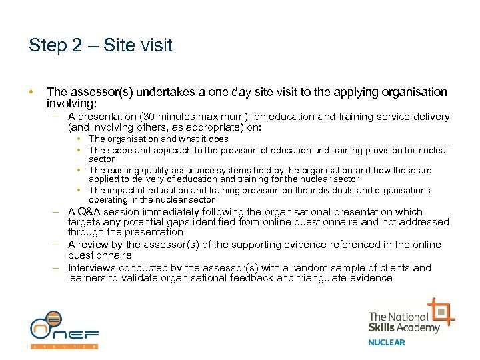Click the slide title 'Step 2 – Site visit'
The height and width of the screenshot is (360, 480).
(x=101, y=45)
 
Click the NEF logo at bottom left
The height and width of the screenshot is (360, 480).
(x=64, y=329)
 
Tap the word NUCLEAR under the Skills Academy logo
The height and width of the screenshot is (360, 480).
(x=387, y=343)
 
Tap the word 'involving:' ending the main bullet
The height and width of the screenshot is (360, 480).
(x=72, y=104)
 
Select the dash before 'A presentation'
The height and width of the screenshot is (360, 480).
(x=57, y=117)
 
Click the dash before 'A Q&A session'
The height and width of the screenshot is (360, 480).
(x=57, y=212)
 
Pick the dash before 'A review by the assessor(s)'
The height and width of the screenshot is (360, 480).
(x=57, y=245)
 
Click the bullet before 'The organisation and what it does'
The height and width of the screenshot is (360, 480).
(x=79, y=139)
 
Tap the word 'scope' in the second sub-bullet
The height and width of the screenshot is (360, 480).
(x=118, y=150)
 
